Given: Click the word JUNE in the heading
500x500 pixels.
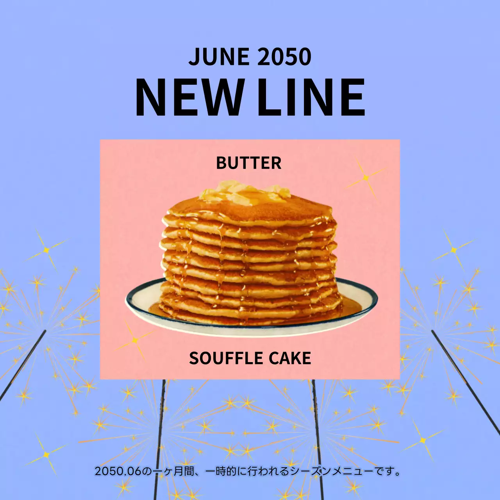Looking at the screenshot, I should [x=219, y=57].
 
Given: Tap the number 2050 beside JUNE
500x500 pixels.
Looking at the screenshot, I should [x=284, y=57].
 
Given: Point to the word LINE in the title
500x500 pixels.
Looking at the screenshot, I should [x=311, y=98].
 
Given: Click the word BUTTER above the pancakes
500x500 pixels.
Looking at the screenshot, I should [x=249, y=163].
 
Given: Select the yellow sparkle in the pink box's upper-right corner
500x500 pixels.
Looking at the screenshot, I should [x=366, y=178].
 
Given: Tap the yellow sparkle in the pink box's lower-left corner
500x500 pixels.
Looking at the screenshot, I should [x=135, y=340].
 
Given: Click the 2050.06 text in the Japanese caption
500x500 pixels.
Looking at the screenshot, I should [x=118, y=471].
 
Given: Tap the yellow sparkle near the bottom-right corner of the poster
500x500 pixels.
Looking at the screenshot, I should [x=423, y=441].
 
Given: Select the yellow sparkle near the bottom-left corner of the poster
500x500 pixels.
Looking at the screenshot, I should [x=46, y=455].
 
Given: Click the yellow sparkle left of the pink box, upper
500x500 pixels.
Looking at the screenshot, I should [x=46, y=250].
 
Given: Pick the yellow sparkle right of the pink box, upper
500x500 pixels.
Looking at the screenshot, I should [x=454, y=250].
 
